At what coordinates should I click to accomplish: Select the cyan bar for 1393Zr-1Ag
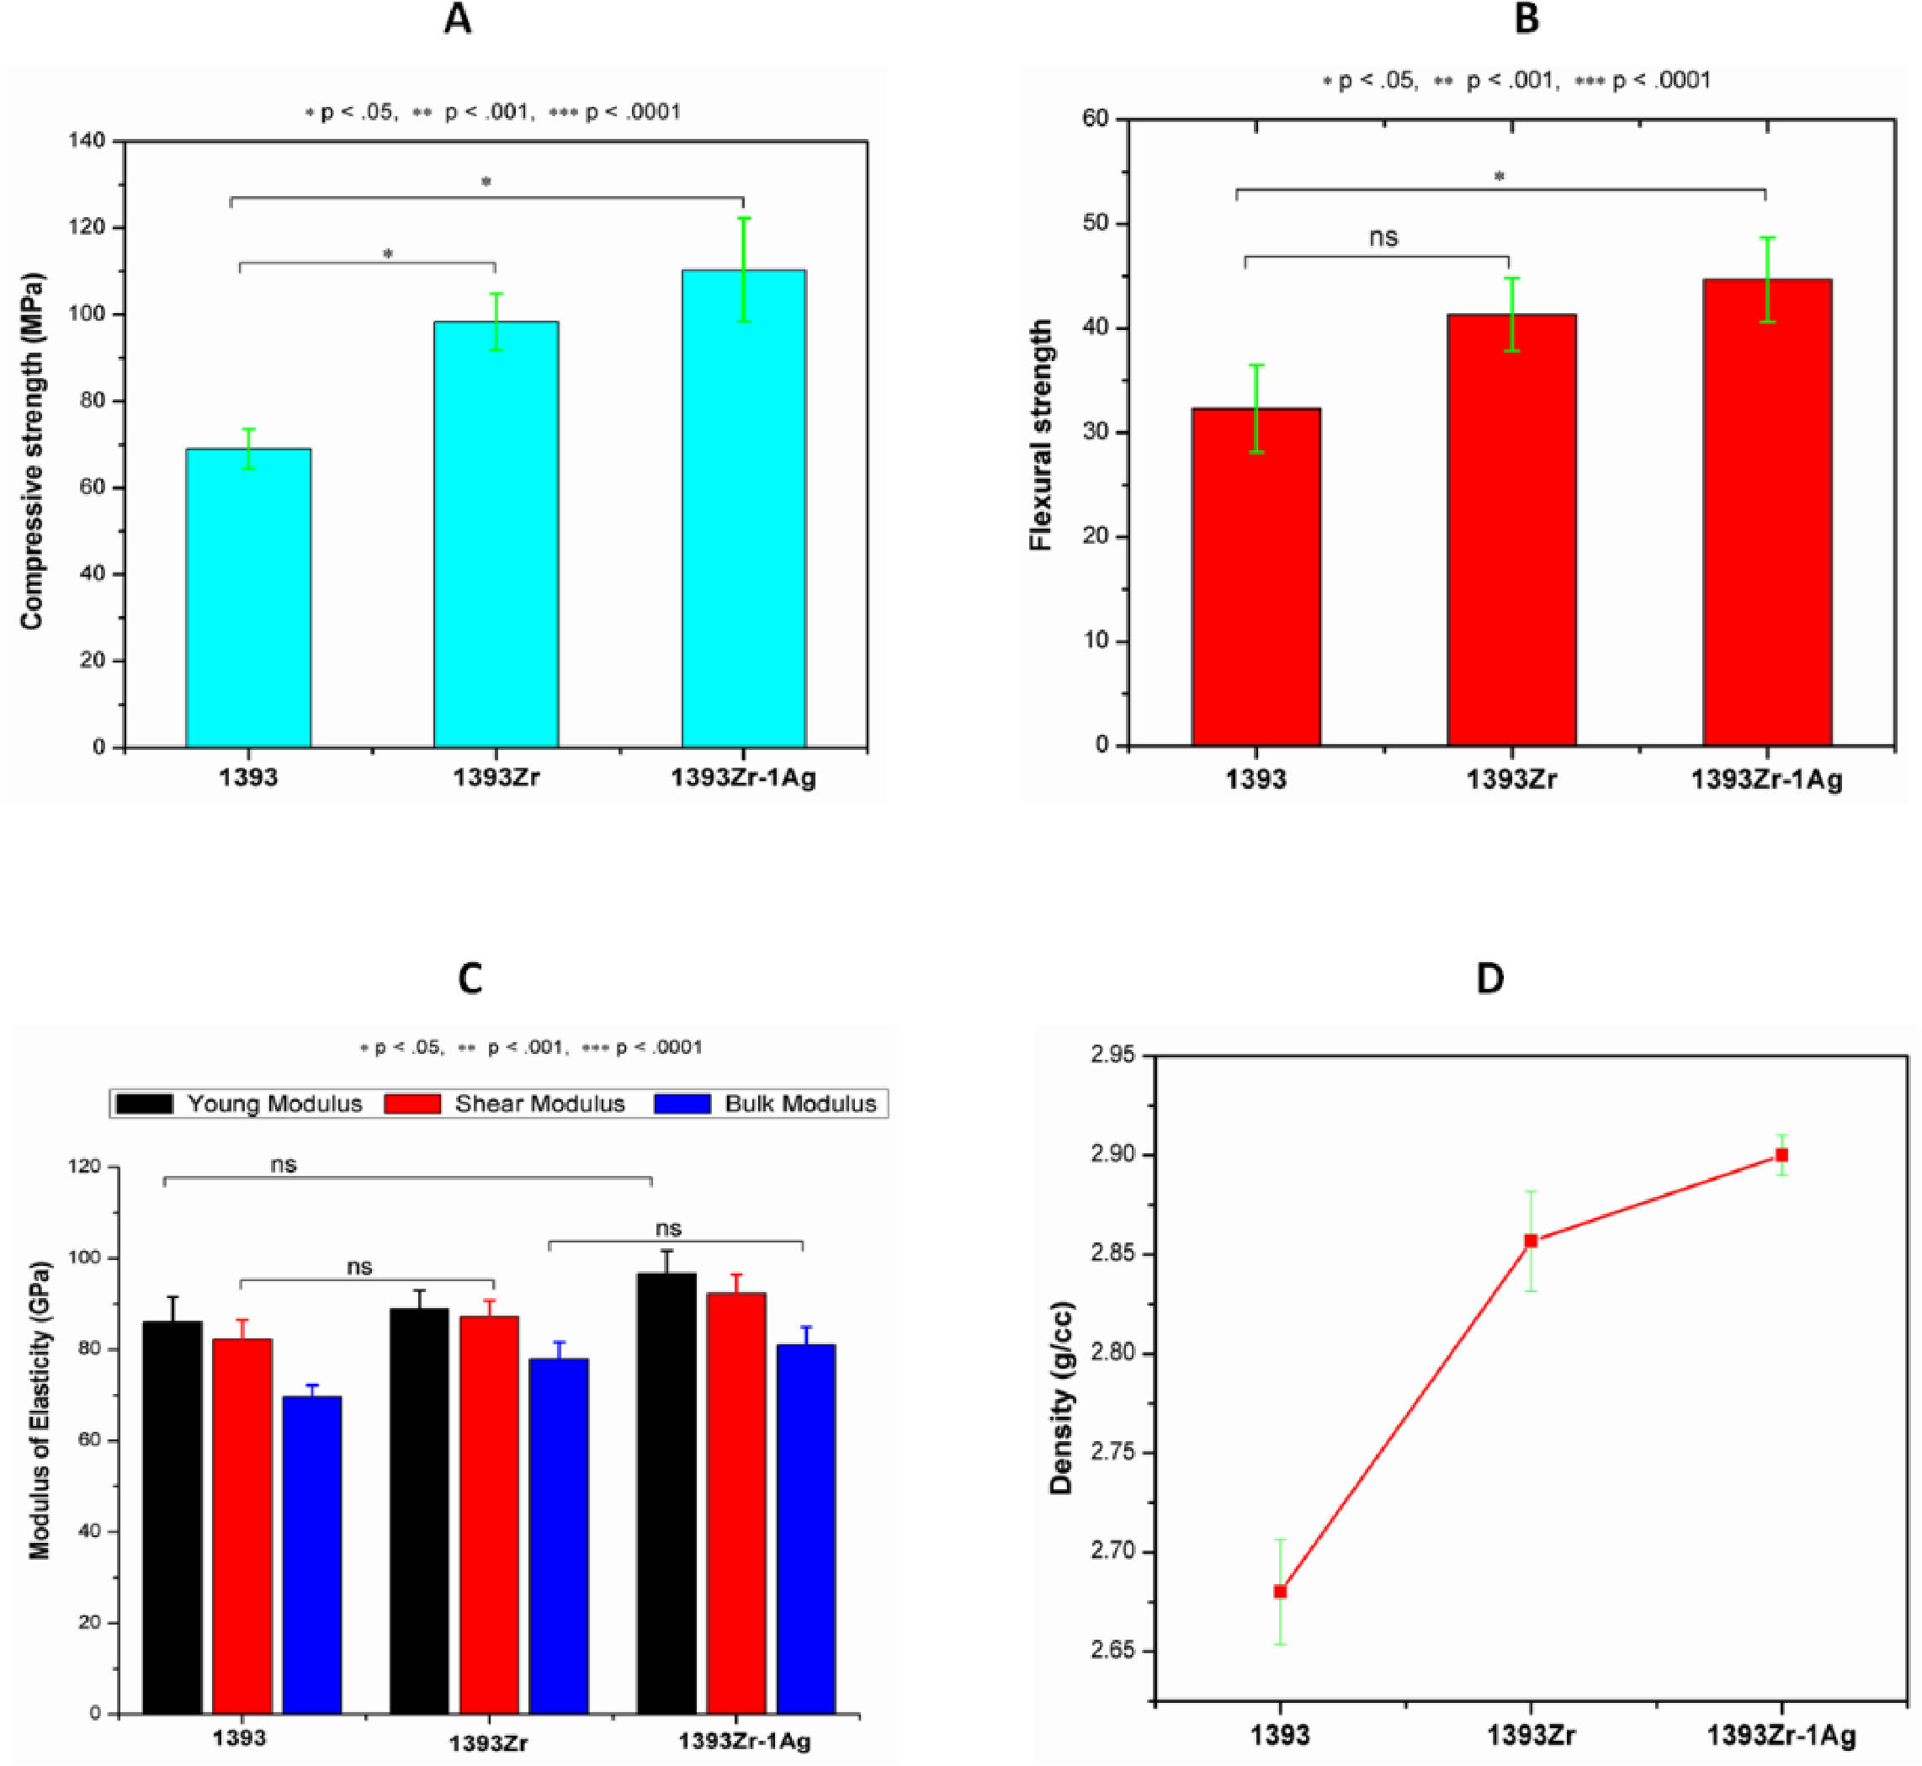click(x=743, y=508)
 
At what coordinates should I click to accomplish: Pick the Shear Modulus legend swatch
click(x=412, y=1104)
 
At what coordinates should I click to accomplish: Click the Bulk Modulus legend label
click(x=799, y=1104)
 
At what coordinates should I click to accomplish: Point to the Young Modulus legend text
click(x=274, y=1104)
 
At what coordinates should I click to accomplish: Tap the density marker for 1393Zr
click(x=1531, y=1241)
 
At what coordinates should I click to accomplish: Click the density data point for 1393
click(x=1280, y=1591)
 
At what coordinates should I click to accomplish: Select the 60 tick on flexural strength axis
click(x=1096, y=120)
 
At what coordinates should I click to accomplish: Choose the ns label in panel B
click(x=1383, y=237)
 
